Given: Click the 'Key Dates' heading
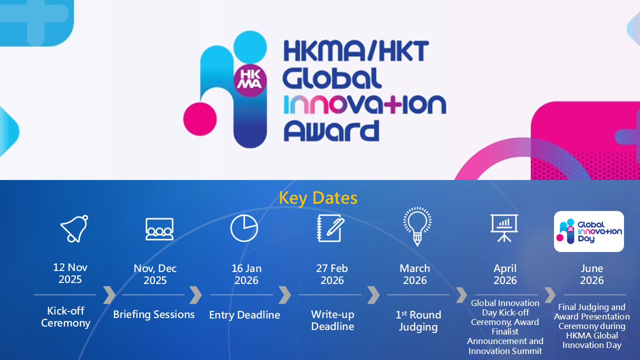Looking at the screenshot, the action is coord(318,198).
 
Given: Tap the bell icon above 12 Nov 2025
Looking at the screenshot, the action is coord(74,229).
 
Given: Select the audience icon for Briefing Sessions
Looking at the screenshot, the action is coord(159,229).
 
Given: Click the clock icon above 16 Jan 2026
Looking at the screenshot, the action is coord(244,228).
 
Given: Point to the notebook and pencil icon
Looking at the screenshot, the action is coord(331,228).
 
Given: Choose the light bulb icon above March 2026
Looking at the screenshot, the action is coord(417,226).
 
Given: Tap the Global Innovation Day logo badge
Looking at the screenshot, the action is coord(589,231).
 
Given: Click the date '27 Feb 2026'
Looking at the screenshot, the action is coord(332,274).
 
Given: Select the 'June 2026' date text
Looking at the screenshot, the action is coord(591,274).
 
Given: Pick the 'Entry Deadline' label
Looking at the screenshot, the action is coord(244,315).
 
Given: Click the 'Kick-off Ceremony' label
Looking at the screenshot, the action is coord(65,317).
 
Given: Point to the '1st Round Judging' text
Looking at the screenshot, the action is coord(418,321).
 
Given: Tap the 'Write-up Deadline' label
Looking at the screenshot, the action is coord(332,320).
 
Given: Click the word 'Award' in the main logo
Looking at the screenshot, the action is coord(331,131).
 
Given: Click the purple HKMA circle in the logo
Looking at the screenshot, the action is coord(250,80).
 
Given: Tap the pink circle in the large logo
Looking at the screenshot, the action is coord(200,119).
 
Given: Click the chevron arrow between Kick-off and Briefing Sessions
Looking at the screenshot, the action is coord(109,295).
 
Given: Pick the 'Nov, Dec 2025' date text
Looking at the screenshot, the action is coord(155,274).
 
